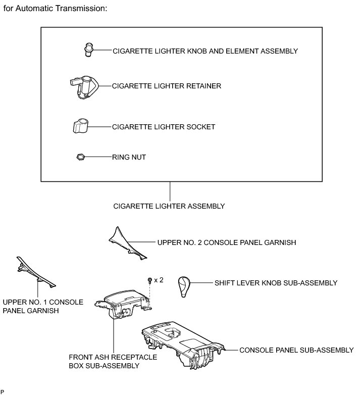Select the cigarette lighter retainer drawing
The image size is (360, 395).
click(82, 86)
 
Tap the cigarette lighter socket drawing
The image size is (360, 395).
click(79, 126)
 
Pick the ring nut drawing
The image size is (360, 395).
click(79, 157)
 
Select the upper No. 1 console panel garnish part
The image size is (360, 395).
click(36, 272)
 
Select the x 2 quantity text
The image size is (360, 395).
click(159, 280)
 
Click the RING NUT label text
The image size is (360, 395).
click(129, 157)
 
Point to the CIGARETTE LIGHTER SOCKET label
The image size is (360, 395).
click(164, 127)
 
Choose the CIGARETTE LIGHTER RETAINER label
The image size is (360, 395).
click(167, 86)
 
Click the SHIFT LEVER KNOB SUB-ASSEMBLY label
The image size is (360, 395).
click(276, 283)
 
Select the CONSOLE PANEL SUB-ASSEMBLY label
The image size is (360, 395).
click(296, 350)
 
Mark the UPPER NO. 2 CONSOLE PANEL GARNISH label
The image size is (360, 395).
click(226, 242)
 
